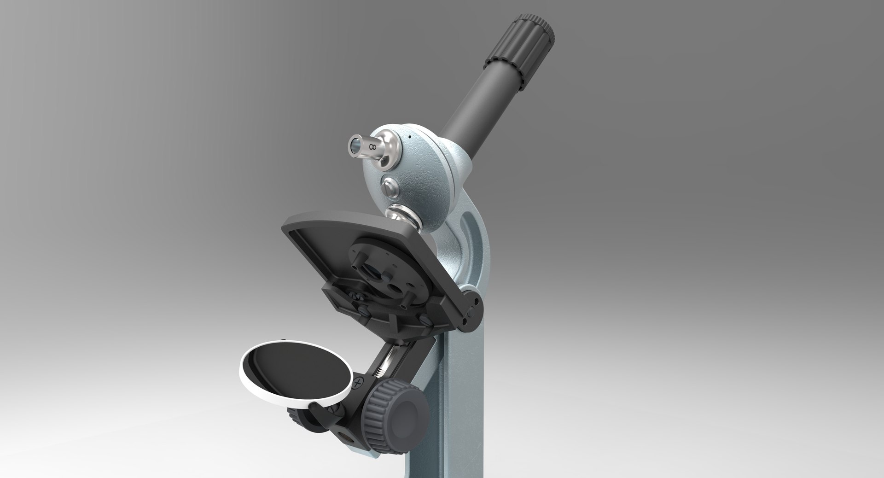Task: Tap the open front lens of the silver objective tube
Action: (354, 145)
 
